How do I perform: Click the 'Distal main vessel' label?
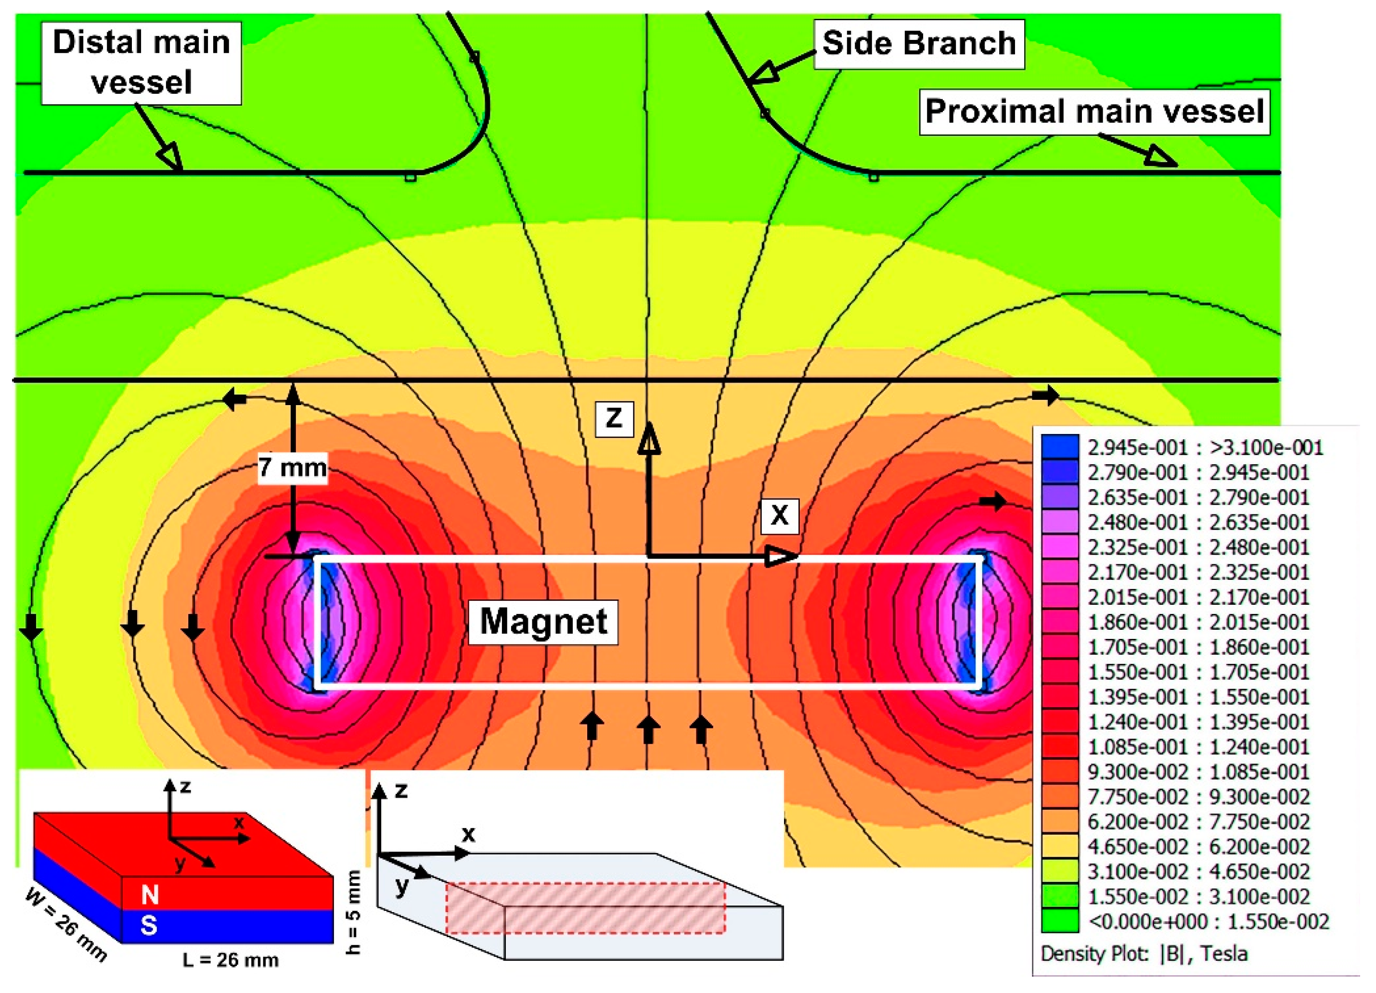pyautogui.click(x=141, y=63)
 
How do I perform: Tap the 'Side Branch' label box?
pyautogui.click(x=919, y=44)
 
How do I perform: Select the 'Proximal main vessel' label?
pyautogui.click(x=1094, y=112)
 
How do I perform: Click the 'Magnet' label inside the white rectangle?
pyautogui.click(x=543, y=622)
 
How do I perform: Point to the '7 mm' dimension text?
pyautogui.click(x=293, y=468)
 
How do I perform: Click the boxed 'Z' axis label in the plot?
pyautogui.click(x=614, y=419)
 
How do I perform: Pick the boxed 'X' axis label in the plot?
pyautogui.click(x=780, y=516)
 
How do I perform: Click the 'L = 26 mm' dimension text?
pyautogui.click(x=231, y=960)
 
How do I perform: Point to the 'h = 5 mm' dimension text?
pyautogui.click(x=354, y=912)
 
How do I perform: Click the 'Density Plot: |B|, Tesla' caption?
pyautogui.click(x=1144, y=954)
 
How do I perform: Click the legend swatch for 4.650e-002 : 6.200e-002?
pyautogui.click(x=1060, y=847)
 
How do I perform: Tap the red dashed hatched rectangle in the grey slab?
pyautogui.click(x=585, y=908)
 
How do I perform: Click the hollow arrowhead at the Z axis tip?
pyautogui.click(x=649, y=438)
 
